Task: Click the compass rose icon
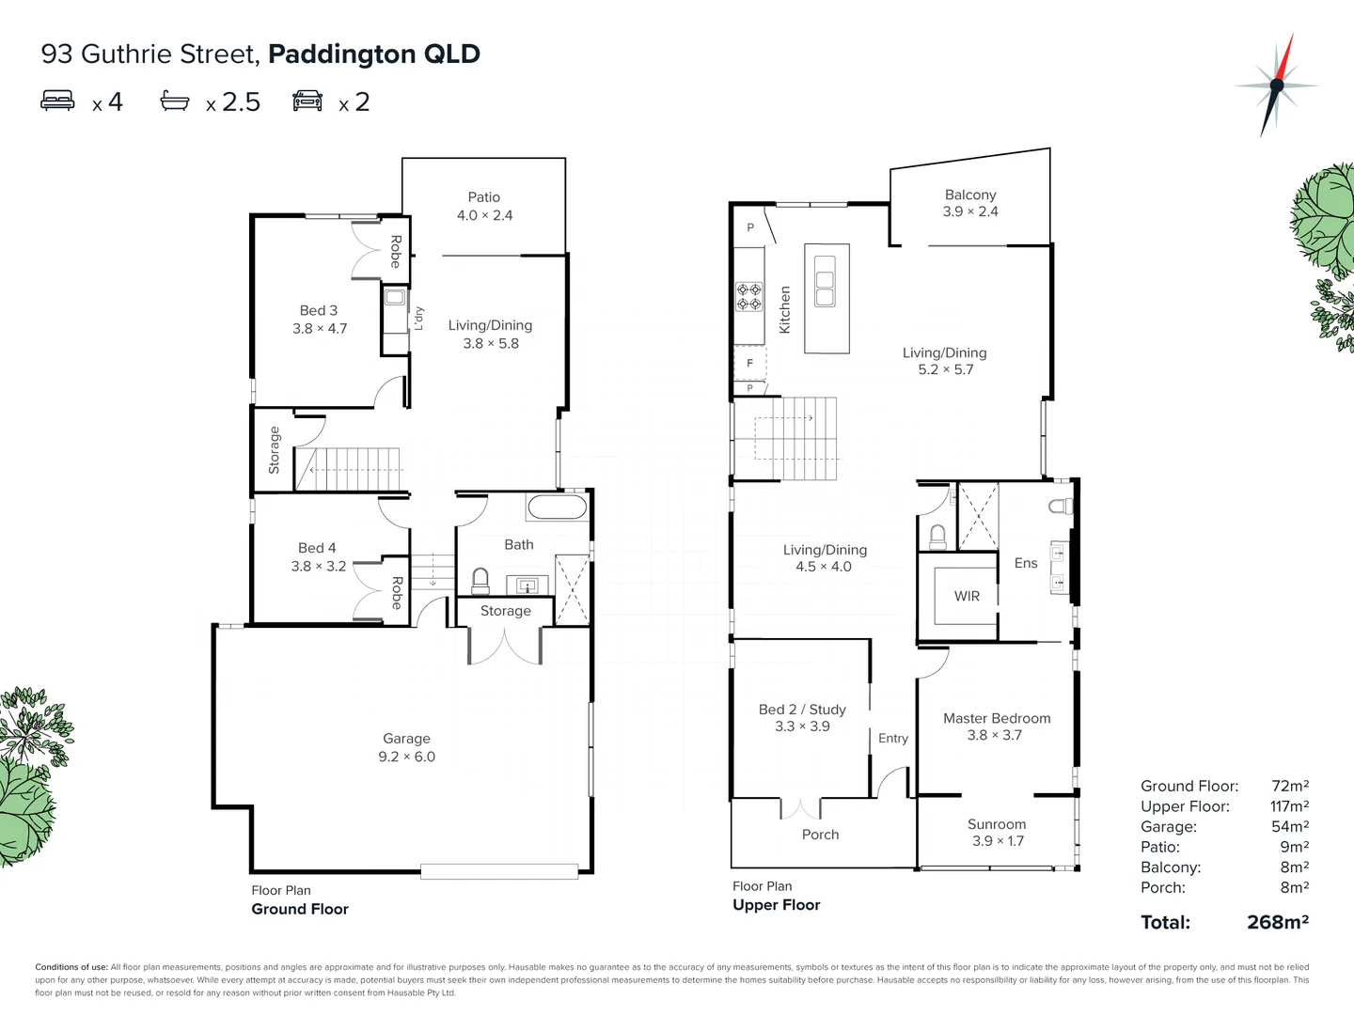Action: [x=1276, y=86]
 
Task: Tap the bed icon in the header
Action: [x=57, y=101]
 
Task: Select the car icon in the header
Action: [x=307, y=101]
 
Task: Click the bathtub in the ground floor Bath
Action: [x=557, y=508]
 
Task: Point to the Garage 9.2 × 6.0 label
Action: [x=406, y=748]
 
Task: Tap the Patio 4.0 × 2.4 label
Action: [x=484, y=206]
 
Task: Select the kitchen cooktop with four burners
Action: [x=749, y=297]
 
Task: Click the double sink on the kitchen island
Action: [x=825, y=289]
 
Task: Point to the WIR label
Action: [x=967, y=596]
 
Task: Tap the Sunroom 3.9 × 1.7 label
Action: [x=997, y=833]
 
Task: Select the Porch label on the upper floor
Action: [x=820, y=835]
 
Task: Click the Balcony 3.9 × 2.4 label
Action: [x=970, y=203]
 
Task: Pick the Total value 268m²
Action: [x=1277, y=922]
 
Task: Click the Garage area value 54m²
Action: [x=1289, y=827]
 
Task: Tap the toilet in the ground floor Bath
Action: [x=480, y=581]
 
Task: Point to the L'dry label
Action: [x=419, y=319]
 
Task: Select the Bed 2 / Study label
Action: [x=802, y=718]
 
